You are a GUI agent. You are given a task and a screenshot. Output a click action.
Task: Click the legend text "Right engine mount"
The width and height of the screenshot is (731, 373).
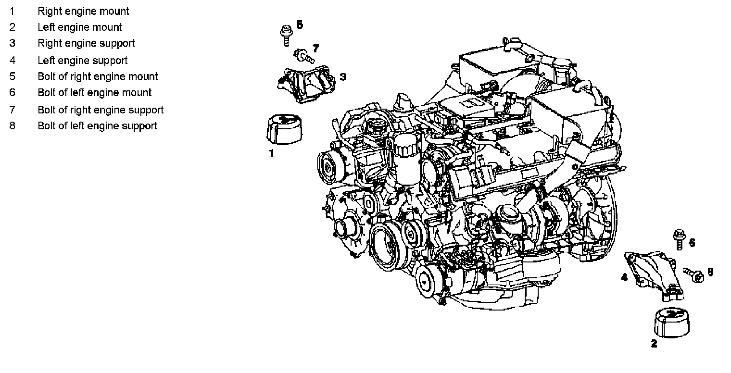pos(83,12)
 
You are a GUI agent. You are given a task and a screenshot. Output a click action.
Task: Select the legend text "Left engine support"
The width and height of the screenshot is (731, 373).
pos(83,61)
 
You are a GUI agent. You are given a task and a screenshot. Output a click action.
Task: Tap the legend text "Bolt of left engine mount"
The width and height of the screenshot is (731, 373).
pos(95,93)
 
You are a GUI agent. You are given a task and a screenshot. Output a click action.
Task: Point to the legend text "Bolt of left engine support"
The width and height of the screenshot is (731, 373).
pos(98,126)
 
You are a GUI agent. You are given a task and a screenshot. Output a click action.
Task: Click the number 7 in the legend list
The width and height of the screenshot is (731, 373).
pos(13,110)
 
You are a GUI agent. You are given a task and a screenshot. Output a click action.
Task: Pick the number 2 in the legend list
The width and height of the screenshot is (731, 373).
pos(13,27)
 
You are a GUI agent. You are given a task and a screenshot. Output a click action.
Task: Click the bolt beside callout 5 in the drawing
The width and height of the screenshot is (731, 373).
pos(286,35)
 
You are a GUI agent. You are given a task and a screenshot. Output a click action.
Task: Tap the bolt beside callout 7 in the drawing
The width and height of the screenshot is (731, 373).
pos(304,56)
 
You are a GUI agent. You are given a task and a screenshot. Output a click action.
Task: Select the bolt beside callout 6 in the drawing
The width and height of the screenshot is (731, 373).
pos(680,239)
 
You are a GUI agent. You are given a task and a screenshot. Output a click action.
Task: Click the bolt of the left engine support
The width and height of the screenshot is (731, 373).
pos(693,275)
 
